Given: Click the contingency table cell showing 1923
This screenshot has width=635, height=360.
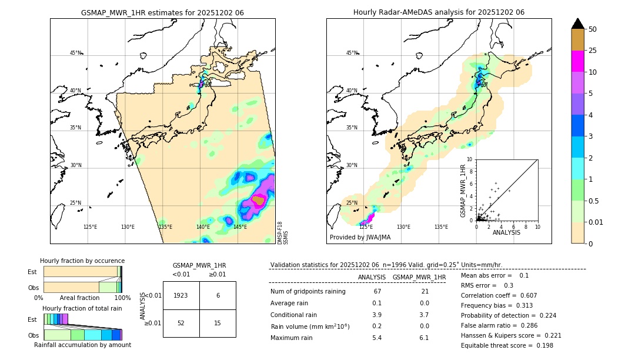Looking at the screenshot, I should coord(181,295).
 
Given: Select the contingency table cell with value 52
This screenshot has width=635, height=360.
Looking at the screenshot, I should coord(181,323).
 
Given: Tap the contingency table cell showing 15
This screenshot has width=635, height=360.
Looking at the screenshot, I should coord(218,323).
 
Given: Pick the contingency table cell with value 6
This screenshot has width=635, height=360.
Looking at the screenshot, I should coord(218,295).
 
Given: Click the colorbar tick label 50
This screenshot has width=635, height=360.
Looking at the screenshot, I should coord(593,29).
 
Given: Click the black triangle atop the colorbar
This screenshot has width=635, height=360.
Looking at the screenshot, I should coord(577,24).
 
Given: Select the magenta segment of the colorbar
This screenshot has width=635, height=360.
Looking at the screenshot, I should coord(577,61).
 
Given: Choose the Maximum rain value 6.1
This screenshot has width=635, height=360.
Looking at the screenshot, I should coord(423,338).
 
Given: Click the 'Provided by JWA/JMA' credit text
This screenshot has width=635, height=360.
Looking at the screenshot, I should coord(360,238).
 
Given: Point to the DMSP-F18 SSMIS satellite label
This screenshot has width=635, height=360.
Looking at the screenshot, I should coord(282,233).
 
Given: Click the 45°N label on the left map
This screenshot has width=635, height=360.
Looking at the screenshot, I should coord(75,53).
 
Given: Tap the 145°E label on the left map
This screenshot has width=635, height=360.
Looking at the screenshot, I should coord(240,227).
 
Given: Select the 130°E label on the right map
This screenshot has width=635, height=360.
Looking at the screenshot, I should coord(403,227).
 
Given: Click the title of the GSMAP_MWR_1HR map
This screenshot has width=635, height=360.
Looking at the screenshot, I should coord(162,12).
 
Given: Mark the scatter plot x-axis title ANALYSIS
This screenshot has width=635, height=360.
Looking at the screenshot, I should coord(506,232).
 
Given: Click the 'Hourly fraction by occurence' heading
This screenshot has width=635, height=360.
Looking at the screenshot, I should coord(82,261).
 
